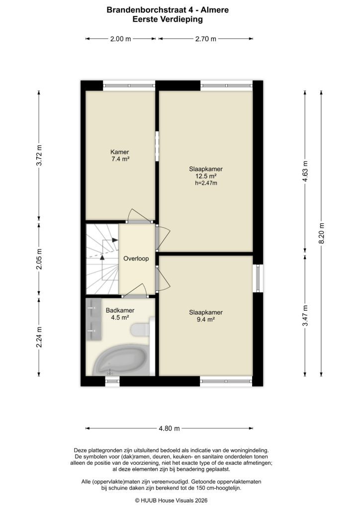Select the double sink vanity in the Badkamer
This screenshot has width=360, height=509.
coord(93,319)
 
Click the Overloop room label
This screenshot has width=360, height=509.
coord(136,258)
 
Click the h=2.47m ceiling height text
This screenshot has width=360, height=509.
coord(206,183)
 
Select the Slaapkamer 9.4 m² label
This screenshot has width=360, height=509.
coord(205,316)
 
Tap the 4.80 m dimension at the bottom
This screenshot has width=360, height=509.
coord(170,428)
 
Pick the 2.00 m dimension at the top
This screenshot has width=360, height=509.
coord(121,39)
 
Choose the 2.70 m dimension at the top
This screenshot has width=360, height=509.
coord(206,39)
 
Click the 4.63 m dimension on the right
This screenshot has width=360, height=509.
coord(305,171)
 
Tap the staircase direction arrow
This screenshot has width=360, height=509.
coord(102,257)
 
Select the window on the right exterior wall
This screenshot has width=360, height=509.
coord(258,277)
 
